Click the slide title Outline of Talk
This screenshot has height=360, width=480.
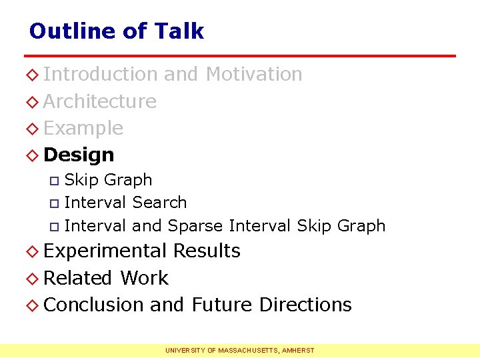click(x=116, y=31)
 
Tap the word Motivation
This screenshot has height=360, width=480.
click(x=254, y=74)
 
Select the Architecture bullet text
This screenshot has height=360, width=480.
click(x=100, y=101)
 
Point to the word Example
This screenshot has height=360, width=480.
click(x=83, y=128)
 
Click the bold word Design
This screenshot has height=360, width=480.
click(x=79, y=155)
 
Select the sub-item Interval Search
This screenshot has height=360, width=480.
click(x=125, y=202)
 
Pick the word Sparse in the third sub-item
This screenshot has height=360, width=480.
click(x=195, y=225)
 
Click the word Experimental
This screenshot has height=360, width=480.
click(x=105, y=251)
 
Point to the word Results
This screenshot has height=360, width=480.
click(x=207, y=251)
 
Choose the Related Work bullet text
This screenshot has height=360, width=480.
click(x=105, y=278)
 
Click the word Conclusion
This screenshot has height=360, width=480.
click(x=94, y=305)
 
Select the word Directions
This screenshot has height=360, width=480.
click(x=305, y=305)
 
